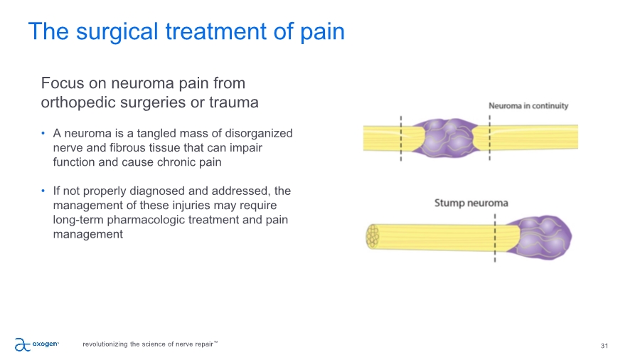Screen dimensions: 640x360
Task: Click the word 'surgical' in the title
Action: (x=117, y=32)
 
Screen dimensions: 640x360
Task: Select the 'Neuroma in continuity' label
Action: (x=528, y=106)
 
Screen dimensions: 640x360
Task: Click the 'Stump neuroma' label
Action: (x=471, y=203)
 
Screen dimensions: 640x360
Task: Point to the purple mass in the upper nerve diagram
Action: (x=445, y=137)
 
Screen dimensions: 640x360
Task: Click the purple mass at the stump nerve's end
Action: (x=540, y=237)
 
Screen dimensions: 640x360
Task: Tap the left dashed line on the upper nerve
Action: (x=401, y=138)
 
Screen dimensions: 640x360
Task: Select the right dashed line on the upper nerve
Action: (x=489, y=138)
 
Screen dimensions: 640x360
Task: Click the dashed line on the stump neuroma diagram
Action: (x=495, y=238)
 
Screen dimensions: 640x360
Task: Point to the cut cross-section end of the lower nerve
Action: (x=372, y=236)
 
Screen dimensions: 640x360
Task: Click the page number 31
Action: (x=604, y=346)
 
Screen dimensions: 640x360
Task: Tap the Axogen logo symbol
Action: (x=23, y=344)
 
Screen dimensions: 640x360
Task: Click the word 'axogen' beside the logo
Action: (x=46, y=344)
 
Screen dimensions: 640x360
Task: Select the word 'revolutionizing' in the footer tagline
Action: (x=105, y=344)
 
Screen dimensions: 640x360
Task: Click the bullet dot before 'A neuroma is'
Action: (x=43, y=133)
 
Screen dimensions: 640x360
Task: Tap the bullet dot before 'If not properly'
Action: (x=43, y=191)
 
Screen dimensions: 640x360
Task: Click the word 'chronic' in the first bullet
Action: (x=176, y=162)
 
